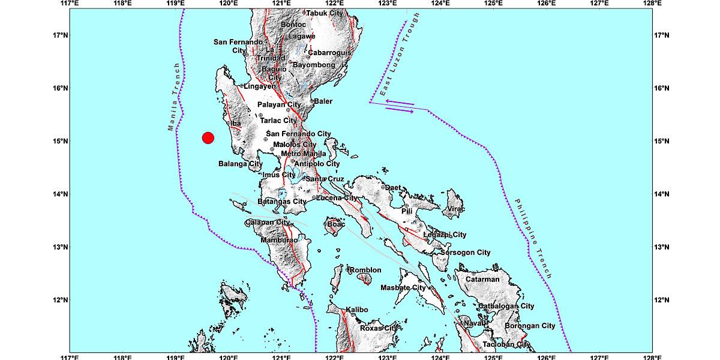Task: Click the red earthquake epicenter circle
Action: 208,138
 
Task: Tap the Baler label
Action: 323,101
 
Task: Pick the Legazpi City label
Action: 445,235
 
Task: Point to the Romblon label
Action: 365,270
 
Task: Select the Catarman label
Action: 482,279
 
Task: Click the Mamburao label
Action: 279,241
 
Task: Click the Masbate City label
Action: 403,288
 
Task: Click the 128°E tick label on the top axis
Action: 652,4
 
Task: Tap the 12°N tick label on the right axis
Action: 661,300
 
